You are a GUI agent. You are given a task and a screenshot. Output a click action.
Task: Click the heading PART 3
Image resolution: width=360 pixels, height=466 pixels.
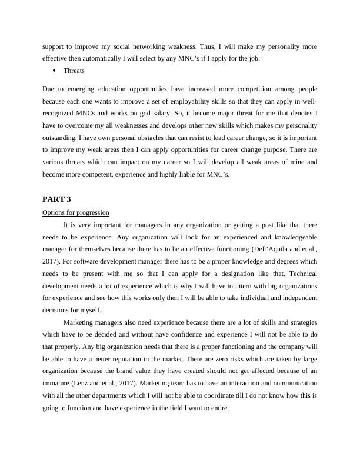coord(56,199)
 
